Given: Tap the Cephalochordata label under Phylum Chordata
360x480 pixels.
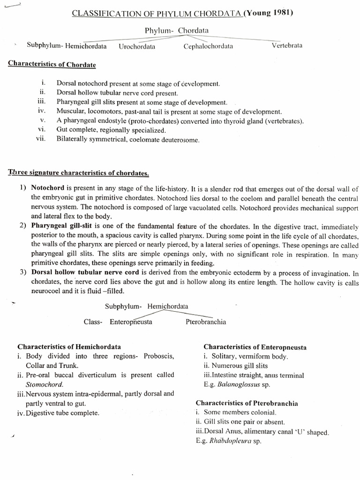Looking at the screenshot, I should click(208, 46).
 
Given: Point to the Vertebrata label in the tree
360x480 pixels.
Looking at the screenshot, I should click(287, 45).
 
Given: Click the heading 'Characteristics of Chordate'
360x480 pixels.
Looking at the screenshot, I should click(52, 64).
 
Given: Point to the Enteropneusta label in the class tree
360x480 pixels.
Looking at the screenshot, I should click(131, 322).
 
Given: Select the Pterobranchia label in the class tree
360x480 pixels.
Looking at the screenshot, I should click(206, 322).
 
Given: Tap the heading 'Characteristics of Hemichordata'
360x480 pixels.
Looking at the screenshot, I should click(69, 347).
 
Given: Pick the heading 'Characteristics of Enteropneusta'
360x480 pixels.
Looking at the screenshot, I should click(255, 347).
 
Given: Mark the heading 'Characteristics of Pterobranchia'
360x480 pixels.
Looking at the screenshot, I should click(247, 403).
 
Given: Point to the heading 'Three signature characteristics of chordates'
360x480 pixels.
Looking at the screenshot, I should click(78, 173).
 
